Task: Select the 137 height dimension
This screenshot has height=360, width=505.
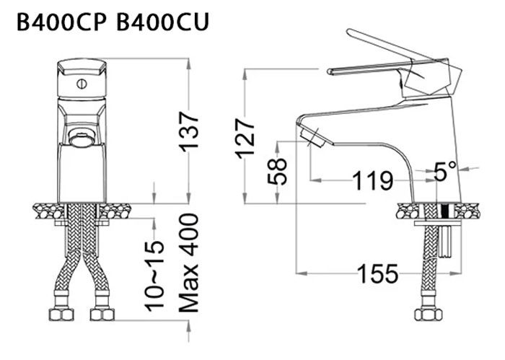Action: pos(188,131)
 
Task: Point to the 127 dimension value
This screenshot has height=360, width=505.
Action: pos(247,138)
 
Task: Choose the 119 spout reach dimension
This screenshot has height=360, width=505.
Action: pos(372,180)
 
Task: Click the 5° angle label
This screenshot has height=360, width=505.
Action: pos(446,172)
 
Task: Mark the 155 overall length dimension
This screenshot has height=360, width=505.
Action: pos(376,273)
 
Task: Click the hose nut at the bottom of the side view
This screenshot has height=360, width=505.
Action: pos(427,315)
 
